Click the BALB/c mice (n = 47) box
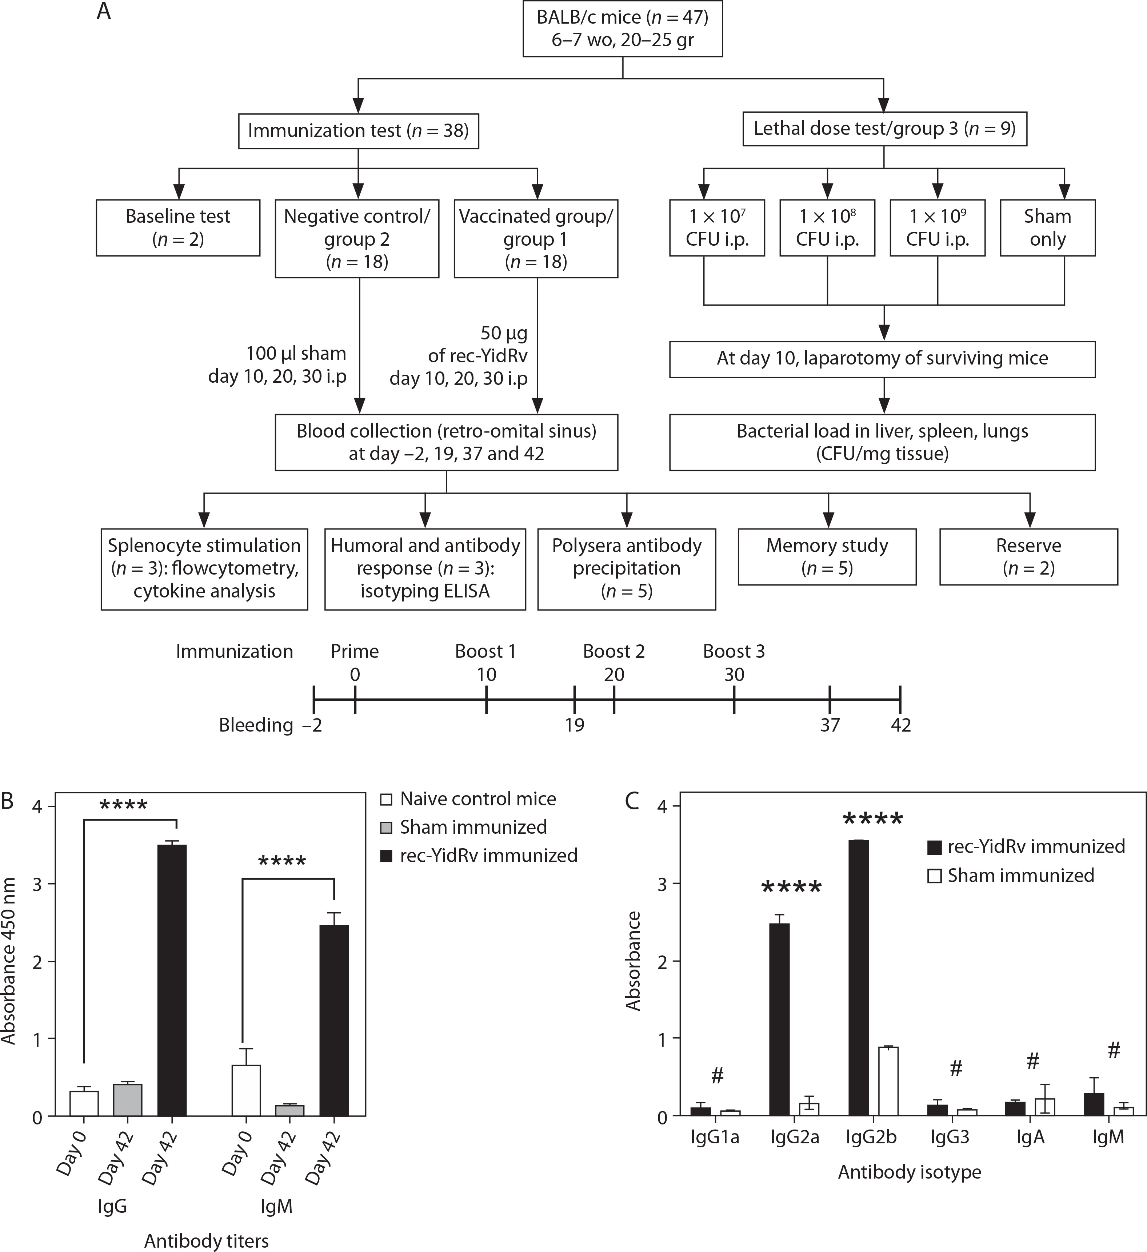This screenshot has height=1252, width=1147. click(x=623, y=29)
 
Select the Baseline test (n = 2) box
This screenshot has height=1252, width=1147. click(x=178, y=227)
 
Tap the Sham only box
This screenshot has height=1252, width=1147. click(x=1048, y=227)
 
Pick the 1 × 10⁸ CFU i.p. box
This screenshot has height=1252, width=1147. click(x=827, y=227)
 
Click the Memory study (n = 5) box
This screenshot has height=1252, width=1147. click(x=827, y=556)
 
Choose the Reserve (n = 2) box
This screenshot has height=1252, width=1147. click(x=1028, y=556)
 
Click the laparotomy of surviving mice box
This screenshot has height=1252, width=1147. click(x=882, y=358)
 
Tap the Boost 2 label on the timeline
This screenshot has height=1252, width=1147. click(x=614, y=652)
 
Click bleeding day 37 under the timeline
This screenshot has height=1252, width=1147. click(x=830, y=725)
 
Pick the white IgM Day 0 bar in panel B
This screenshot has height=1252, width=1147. click(x=247, y=1091)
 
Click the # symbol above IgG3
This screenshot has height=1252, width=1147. click(x=956, y=1068)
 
